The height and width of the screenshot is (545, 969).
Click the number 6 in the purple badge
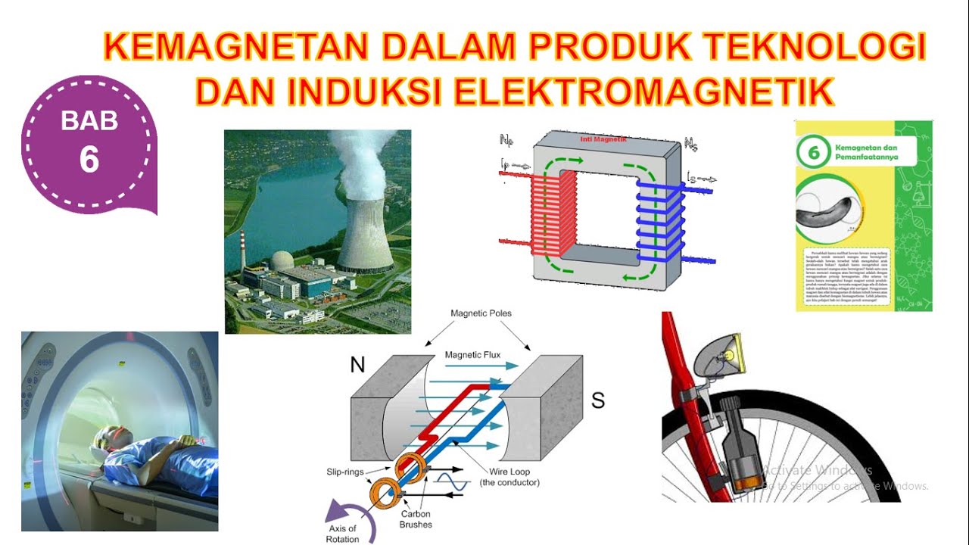pyautogui.click(x=89, y=160)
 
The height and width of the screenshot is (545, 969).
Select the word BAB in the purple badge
pyautogui.click(x=89, y=121)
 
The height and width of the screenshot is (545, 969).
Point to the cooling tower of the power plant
pyautogui.click(x=366, y=227)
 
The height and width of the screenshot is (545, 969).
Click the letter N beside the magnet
pyautogui.click(x=357, y=366)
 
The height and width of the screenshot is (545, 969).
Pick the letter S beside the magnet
pyautogui.click(x=598, y=400)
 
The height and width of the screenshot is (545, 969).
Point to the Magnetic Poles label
pyautogui.click(x=481, y=313)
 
